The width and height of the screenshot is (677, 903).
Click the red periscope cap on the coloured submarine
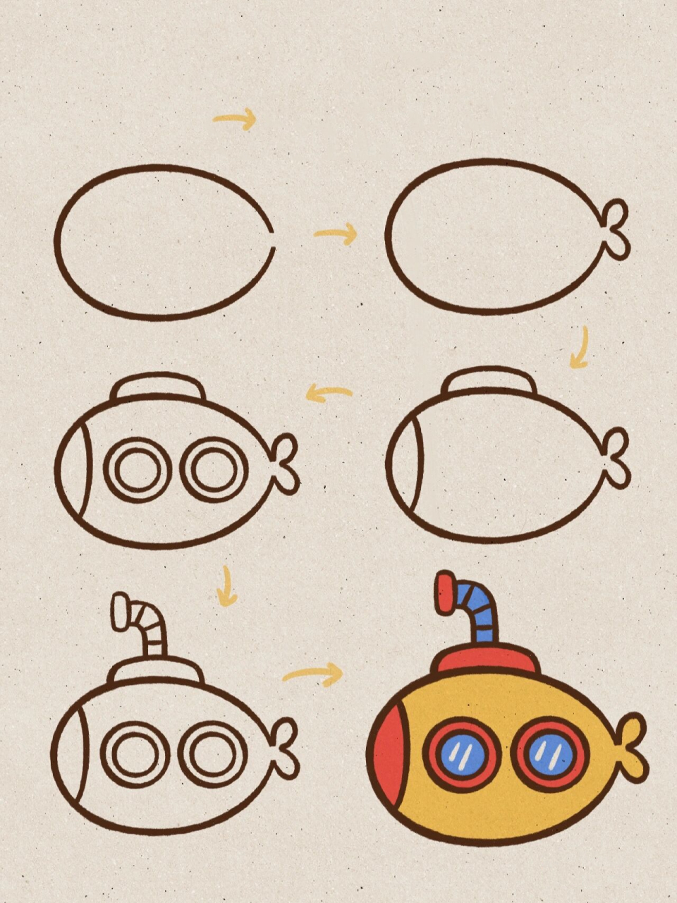pyautogui.click(x=446, y=593)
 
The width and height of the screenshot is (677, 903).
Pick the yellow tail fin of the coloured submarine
pyautogui.click(x=630, y=748)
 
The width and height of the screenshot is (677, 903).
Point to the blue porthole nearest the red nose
pyautogui.click(x=463, y=753)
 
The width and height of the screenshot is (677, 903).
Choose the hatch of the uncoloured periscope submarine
pyautogui.click(x=155, y=672)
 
